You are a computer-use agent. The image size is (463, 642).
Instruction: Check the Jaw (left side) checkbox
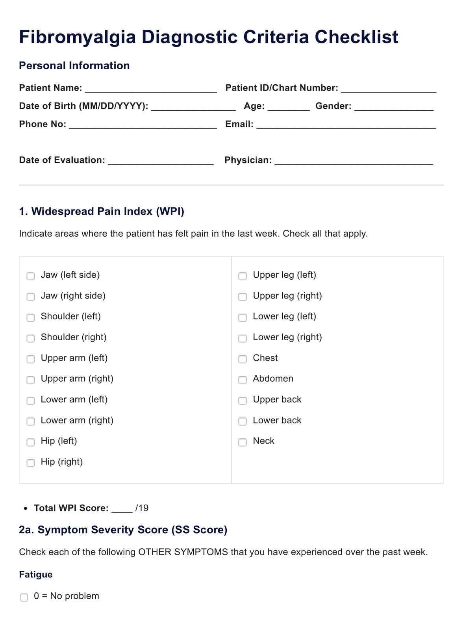pos(31,276)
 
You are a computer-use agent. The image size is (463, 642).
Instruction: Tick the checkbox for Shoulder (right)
pos(31,338)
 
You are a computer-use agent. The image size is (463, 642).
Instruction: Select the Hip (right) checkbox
pos(31,463)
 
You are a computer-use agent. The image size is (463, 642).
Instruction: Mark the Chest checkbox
pos(243,359)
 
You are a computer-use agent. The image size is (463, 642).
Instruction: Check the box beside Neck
pos(243,442)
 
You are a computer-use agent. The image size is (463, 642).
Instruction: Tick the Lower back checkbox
pos(243,421)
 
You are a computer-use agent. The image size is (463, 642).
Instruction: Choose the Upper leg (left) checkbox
pos(243,276)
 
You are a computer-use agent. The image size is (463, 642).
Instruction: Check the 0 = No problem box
pos(24,597)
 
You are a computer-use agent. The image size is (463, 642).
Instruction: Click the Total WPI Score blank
pos(122,509)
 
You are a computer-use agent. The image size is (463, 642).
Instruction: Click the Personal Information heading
pos(74,65)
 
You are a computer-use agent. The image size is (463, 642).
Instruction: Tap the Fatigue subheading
pos(36,574)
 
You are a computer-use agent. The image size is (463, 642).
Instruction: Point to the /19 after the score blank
pos(142,508)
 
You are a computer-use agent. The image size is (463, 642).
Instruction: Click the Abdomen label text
pos(273,379)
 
